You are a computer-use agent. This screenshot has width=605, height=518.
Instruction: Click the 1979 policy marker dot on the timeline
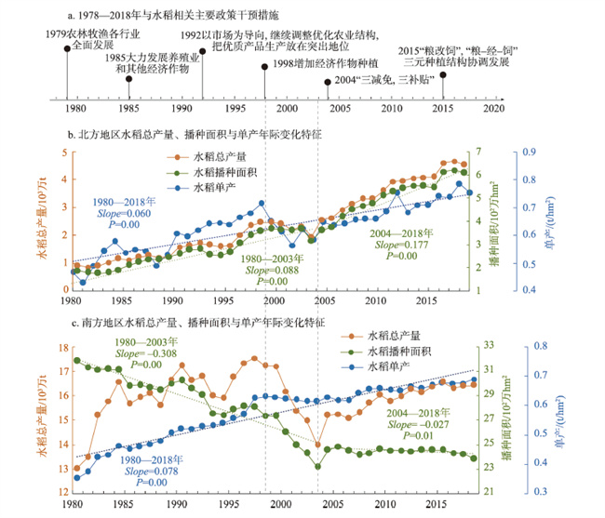[x=66, y=50]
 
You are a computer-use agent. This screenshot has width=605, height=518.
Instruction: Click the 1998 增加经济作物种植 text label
[x=326, y=65]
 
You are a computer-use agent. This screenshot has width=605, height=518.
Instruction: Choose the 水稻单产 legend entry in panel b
[x=223, y=187]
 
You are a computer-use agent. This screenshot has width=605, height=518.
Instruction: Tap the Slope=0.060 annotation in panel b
[x=121, y=213]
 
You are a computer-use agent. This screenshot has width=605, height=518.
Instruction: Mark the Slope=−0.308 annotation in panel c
[x=146, y=354]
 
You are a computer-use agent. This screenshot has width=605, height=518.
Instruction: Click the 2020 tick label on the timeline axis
[x=494, y=109]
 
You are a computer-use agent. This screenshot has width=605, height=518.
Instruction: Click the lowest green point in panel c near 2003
[x=317, y=466]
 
